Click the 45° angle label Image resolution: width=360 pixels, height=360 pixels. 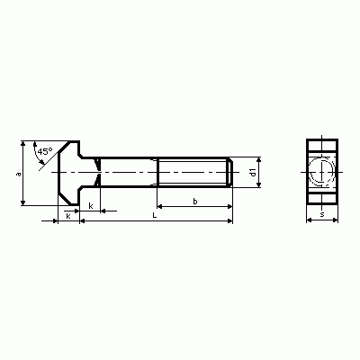[45, 151]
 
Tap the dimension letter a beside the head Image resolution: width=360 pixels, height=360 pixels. [19, 174]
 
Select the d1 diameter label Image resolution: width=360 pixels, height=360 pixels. [254, 172]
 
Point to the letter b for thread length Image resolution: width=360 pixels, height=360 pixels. [195, 202]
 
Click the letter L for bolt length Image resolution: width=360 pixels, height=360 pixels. [155, 215]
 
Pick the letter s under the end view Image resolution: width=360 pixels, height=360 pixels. [322, 214]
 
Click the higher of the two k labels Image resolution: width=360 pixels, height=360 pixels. [91, 206]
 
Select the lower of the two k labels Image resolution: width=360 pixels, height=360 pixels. [68, 216]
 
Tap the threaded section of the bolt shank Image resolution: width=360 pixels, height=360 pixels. [193, 172]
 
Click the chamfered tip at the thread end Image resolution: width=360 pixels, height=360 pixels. [230, 172]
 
